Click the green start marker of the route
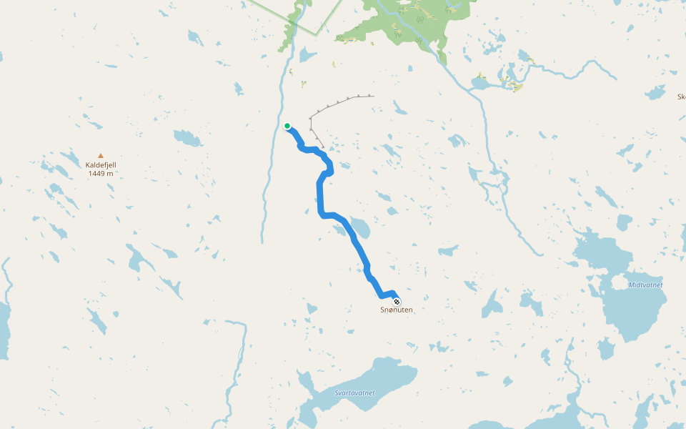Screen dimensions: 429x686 point(287,126)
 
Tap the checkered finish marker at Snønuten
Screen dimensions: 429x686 point(397,301)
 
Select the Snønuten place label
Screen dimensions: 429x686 point(397,310)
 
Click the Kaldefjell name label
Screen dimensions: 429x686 point(101,164)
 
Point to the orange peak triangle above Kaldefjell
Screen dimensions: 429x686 point(101,155)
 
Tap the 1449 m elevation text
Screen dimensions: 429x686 point(101,174)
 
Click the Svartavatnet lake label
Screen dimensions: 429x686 point(354,393)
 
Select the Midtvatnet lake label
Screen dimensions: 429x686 point(645,285)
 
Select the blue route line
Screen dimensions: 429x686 point(320,193)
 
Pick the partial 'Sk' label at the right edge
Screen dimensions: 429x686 point(681,96)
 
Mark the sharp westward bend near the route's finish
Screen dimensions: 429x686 point(381,295)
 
